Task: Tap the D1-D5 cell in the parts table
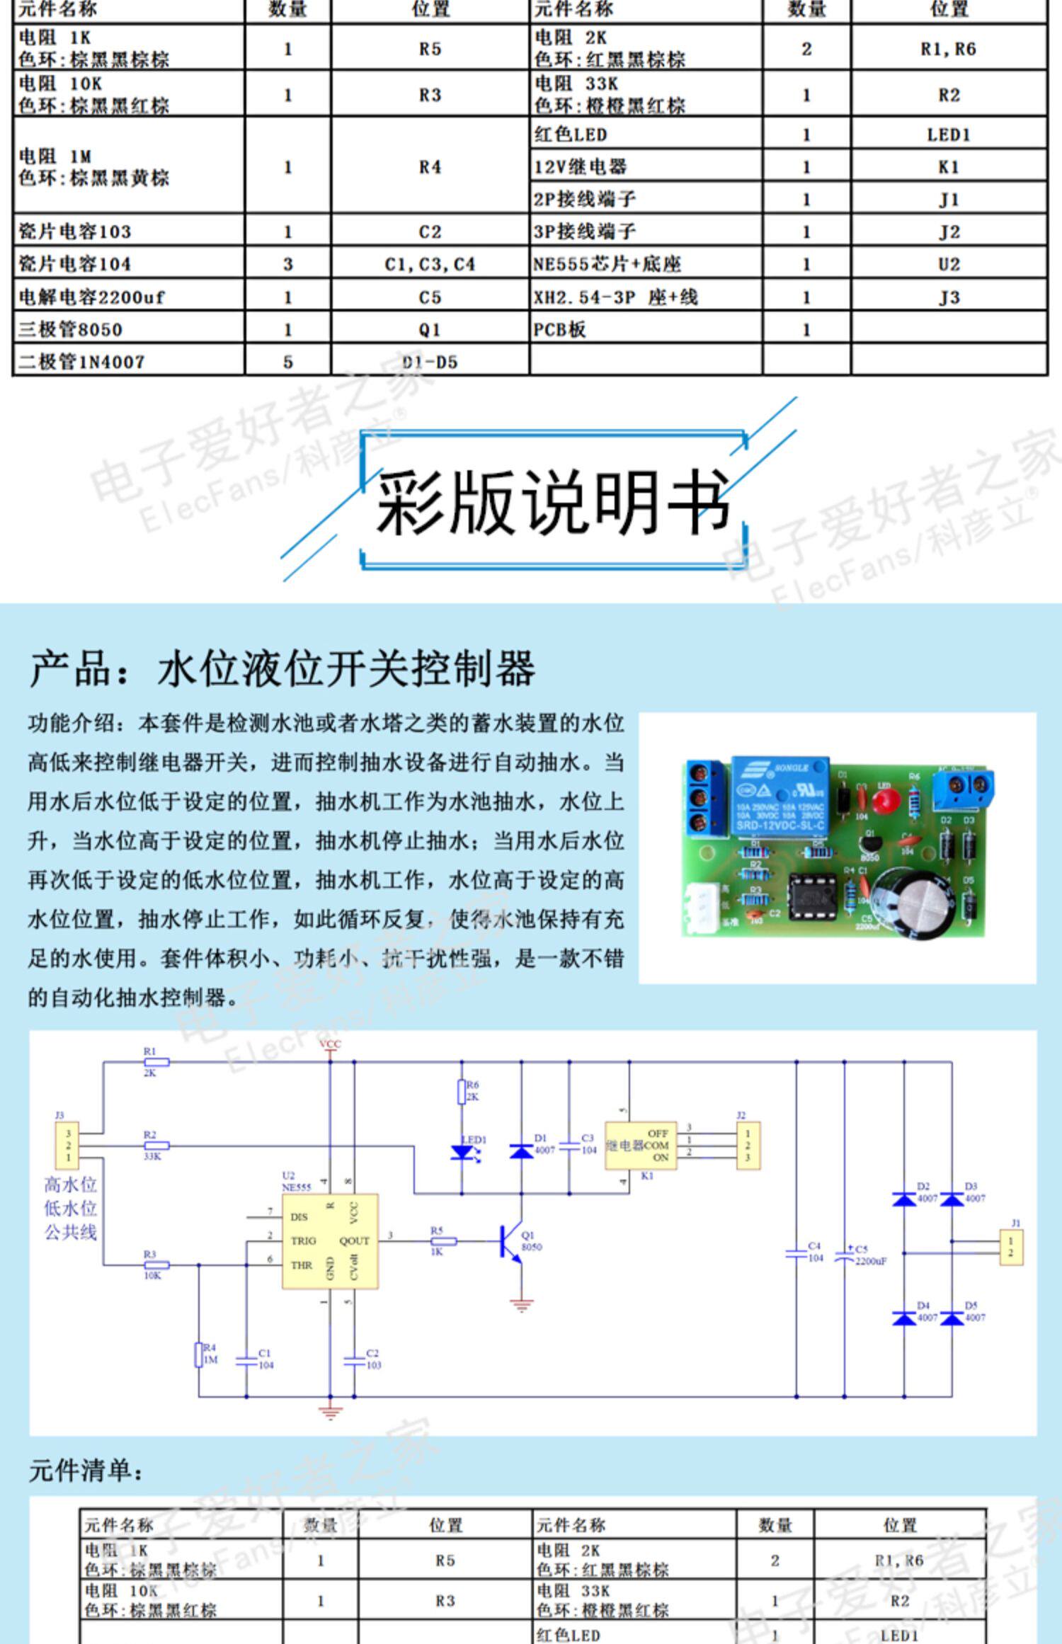[430, 362]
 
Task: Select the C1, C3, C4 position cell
[430, 264]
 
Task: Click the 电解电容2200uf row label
[92, 297]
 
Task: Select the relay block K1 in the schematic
[640, 1145]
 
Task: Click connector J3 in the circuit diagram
[68, 1145]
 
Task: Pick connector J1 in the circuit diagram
[1010, 1247]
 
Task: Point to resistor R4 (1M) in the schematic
[199, 1354]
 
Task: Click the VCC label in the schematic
[330, 1044]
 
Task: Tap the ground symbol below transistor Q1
[522, 1304]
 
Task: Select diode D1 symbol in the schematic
[522, 1151]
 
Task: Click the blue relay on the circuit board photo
[779, 797]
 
